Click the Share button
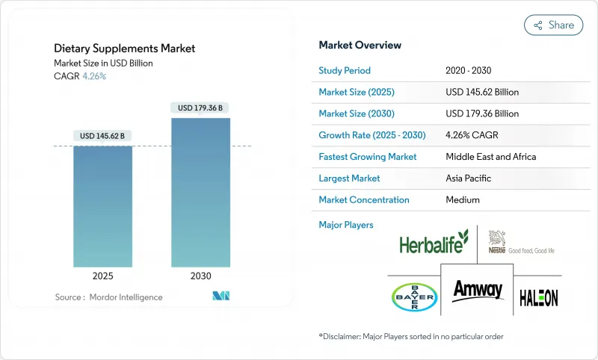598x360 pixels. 553,25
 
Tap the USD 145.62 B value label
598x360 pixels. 103,136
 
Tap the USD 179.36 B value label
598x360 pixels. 200,108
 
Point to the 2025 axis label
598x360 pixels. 103,276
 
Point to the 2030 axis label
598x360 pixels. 200,276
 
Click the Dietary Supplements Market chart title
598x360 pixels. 125,49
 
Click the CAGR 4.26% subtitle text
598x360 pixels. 80,76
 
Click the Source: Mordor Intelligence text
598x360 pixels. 108,297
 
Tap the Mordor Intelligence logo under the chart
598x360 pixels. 221,297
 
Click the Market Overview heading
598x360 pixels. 360,45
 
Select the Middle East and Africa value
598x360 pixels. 490,157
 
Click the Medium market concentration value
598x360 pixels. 463,200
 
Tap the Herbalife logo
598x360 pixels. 434,242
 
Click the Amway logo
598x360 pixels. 478,290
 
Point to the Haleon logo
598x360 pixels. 538,297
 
